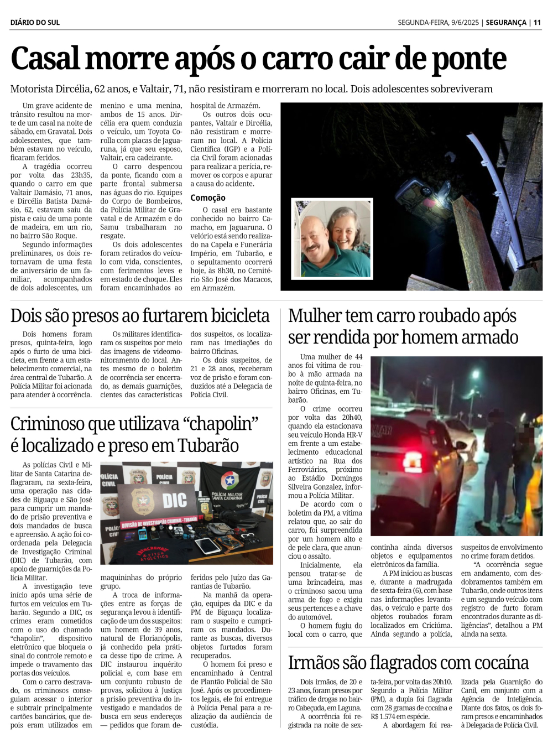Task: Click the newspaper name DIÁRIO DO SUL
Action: point(35,23)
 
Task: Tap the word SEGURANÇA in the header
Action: point(506,23)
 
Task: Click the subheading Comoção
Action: point(208,198)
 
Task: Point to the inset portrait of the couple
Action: point(332,238)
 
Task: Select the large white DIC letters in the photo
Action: point(174,501)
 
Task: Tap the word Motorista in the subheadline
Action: point(31,89)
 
